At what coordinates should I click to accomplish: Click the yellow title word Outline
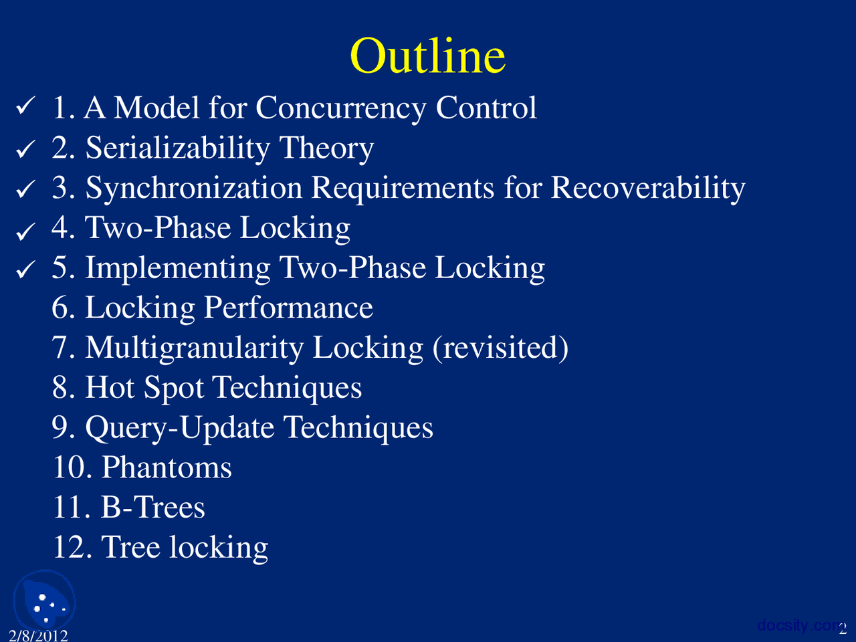tap(428, 56)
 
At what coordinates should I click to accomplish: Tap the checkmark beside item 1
tap(25, 106)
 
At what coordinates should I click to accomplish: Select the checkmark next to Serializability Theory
tap(25, 149)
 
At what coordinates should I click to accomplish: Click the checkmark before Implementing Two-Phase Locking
tap(25, 270)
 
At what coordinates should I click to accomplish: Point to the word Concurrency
tap(340, 108)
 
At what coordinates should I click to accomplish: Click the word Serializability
tap(177, 148)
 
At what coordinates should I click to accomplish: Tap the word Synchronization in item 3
tap(194, 189)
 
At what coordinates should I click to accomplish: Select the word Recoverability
tap(648, 189)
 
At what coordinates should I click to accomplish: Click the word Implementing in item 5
tap(177, 269)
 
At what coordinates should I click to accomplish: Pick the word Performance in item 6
tap(288, 308)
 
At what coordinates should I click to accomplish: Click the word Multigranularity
tap(194, 348)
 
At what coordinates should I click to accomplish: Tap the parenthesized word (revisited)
tap(500, 348)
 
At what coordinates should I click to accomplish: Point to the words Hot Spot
tap(144, 389)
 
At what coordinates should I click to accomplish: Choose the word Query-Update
tap(180, 428)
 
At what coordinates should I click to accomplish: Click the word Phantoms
tap(167, 467)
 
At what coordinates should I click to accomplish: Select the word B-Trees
tap(153, 507)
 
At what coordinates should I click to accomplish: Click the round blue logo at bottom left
tap(44, 602)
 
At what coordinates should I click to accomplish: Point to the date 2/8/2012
tap(38, 635)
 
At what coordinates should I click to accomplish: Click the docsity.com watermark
tap(799, 625)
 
